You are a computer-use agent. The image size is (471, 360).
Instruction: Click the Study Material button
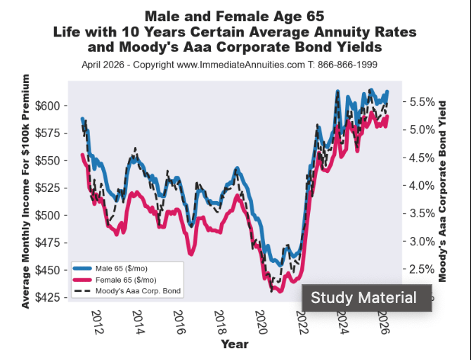pyautogui.click(x=363, y=298)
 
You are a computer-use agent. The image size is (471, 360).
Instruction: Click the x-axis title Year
pyautogui.click(x=233, y=345)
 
